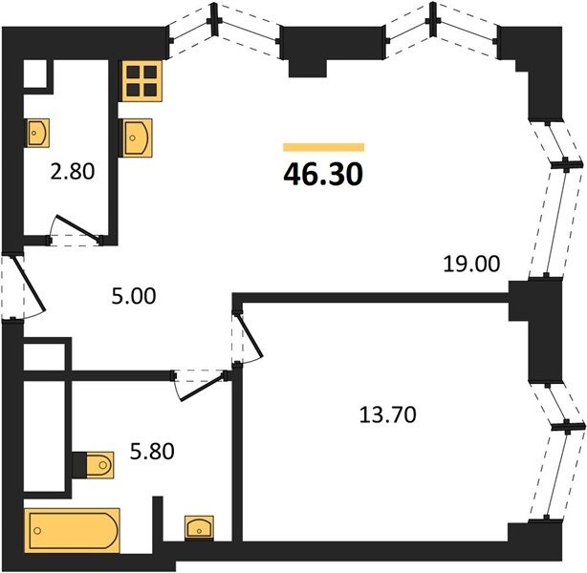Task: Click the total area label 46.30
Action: [323, 175]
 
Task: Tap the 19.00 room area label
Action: [471, 264]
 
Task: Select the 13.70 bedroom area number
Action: [387, 414]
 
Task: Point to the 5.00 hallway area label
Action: [134, 296]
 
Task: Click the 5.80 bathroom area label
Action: [152, 451]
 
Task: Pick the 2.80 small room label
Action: [73, 172]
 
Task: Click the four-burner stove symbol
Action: [142, 81]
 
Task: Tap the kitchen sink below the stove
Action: [137, 138]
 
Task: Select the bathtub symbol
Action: [72, 530]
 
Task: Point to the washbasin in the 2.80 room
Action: [37, 133]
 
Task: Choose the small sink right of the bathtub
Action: [199, 527]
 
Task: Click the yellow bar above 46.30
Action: [323, 147]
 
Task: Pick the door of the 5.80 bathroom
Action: [200, 385]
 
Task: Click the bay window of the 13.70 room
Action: [556, 451]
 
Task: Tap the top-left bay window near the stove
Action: [224, 31]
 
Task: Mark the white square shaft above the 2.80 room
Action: [35, 74]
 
